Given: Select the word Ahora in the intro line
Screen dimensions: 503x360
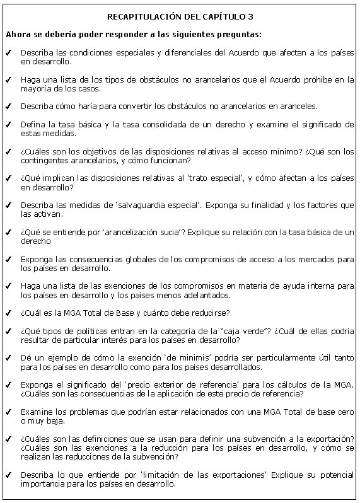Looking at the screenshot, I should point(16,34).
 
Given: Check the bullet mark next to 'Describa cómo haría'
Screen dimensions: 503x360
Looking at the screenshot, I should point(7,107).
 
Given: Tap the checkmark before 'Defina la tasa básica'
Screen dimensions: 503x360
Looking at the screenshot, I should point(7,125).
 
